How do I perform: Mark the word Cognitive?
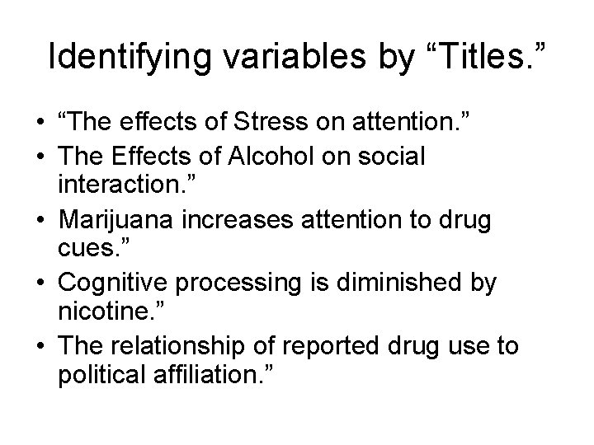pos(112,283)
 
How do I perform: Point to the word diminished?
pos(392,283)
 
